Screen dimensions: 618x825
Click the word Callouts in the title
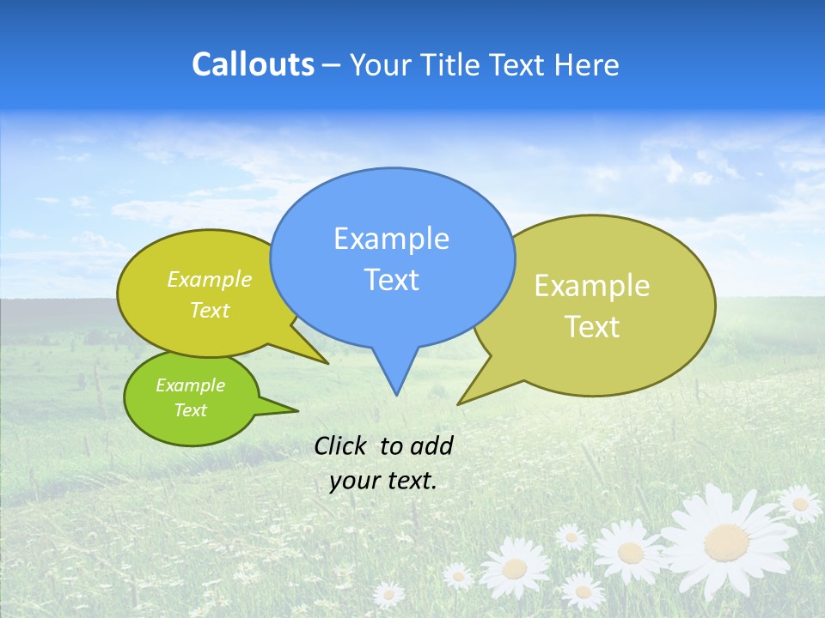point(253,65)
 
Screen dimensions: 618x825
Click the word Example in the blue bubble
point(391,239)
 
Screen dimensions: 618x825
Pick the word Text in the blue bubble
point(391,280)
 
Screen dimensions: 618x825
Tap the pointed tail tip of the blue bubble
point(395,394)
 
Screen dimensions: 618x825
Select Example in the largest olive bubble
point(592,286)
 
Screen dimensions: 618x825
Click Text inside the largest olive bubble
point(592,327)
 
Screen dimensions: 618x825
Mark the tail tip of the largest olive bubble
point(459,403)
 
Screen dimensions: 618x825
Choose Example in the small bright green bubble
point(190,385)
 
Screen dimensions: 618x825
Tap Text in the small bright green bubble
point(190,410)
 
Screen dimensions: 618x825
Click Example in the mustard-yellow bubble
point(210,280)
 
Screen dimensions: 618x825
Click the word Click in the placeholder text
point(341,445)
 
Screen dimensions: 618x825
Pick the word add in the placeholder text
point(431,445)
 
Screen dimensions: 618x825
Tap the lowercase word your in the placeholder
point(354,481)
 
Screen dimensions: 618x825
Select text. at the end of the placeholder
point(409,481)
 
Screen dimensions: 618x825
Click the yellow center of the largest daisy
point(726,542)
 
